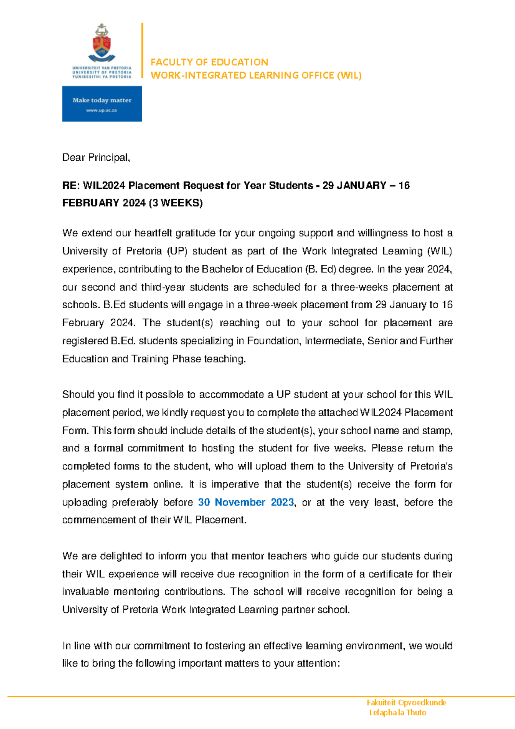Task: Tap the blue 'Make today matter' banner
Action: [102, 104]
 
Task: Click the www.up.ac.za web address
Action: [101, 110]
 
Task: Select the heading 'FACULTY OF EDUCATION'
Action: [209, 62]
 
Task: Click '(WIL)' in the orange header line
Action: [349, 75]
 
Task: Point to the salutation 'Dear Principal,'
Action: [96, 158]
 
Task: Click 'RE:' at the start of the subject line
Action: [71, 186]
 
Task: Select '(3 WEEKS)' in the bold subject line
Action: [176, 203]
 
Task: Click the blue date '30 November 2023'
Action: [245, 502]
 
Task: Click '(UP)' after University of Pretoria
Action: [177, 251]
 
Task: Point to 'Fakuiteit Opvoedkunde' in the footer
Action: [406, 702]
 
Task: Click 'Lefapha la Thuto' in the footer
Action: [397, 712]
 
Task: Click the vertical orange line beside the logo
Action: [142, 50]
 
